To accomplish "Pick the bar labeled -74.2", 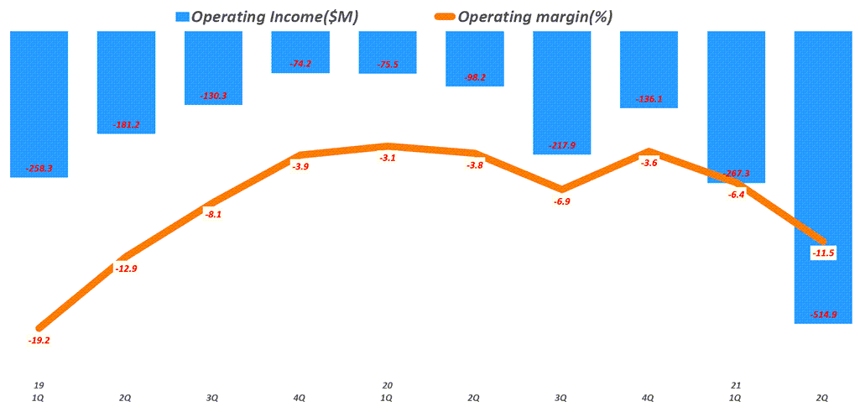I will (300, 50).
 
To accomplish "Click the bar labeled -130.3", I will (213, 67).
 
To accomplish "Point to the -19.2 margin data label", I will (39, 341).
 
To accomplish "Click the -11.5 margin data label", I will (823, 253).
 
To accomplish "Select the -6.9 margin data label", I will (561, 202).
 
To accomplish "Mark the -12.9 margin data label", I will (126, 269).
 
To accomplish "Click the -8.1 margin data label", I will (213, 215).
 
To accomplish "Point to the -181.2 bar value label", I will (126, 125).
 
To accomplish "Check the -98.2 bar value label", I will (474, 77).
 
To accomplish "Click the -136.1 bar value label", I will (649, 98).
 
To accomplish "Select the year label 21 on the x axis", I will (736, 385).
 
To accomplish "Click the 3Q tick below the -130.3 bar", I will (213, 397).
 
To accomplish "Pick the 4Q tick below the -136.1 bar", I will (649, 397).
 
